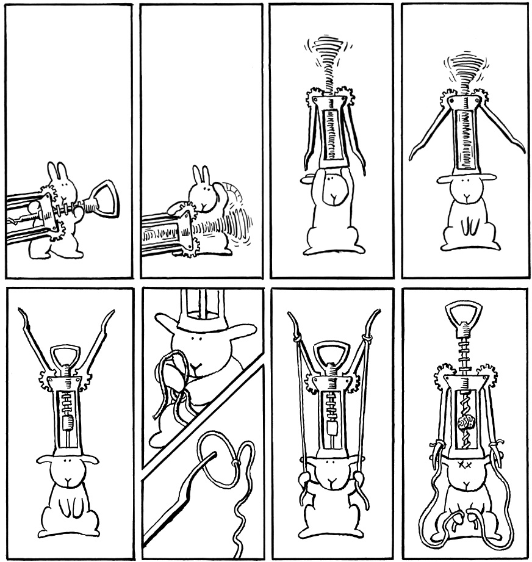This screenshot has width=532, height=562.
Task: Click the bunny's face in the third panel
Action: coord(331,186)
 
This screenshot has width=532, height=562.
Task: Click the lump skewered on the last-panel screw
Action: coord(465,422)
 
